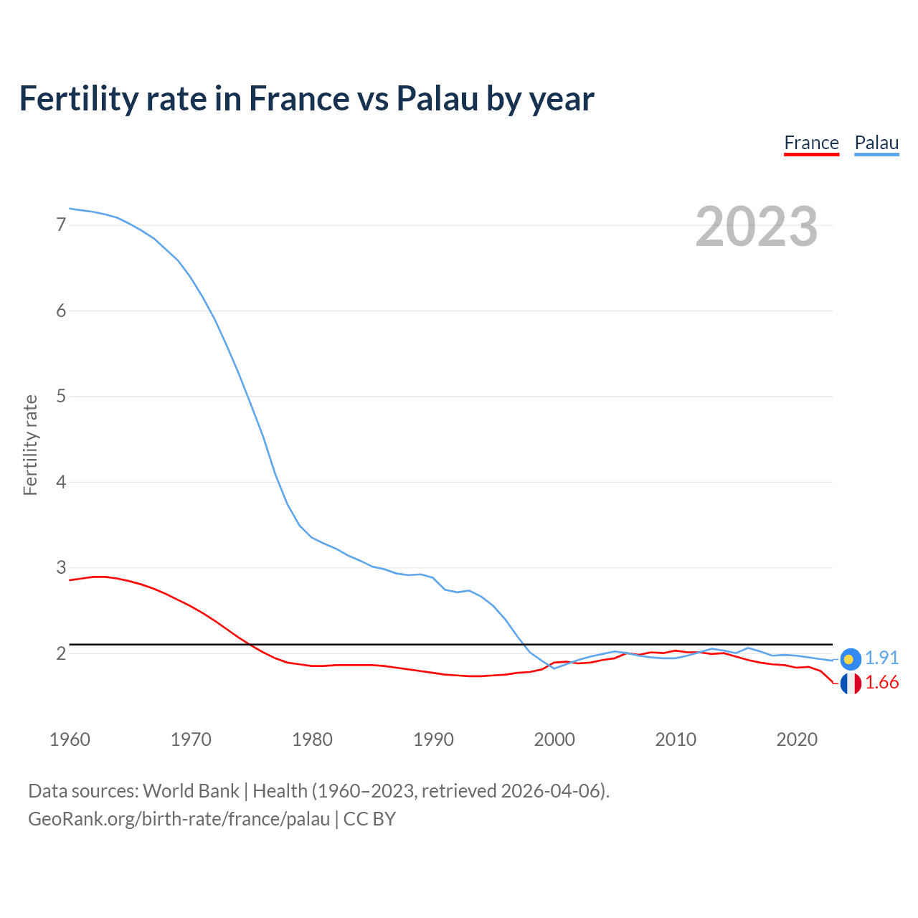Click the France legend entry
coord(811,143)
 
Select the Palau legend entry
coord(876,143)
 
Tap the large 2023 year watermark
coord(757,227)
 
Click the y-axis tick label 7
coord(61,225)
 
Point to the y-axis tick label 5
coord(61,397)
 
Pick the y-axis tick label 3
coord(61,568)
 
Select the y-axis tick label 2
coord(61,653)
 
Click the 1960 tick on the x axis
coord(70,739)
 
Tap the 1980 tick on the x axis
coord(312,739)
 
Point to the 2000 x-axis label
coord(554,739)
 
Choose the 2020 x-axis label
coord(797,739)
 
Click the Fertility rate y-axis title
coord(30,445)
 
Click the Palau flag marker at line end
coord(850,658)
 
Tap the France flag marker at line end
coord(850,683)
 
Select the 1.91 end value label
coord(881,658)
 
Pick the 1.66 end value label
coord(881,683)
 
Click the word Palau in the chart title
coord(437,99)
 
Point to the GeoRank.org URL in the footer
coord(179,819)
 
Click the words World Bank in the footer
coord(191,791)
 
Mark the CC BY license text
coord(369,819)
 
